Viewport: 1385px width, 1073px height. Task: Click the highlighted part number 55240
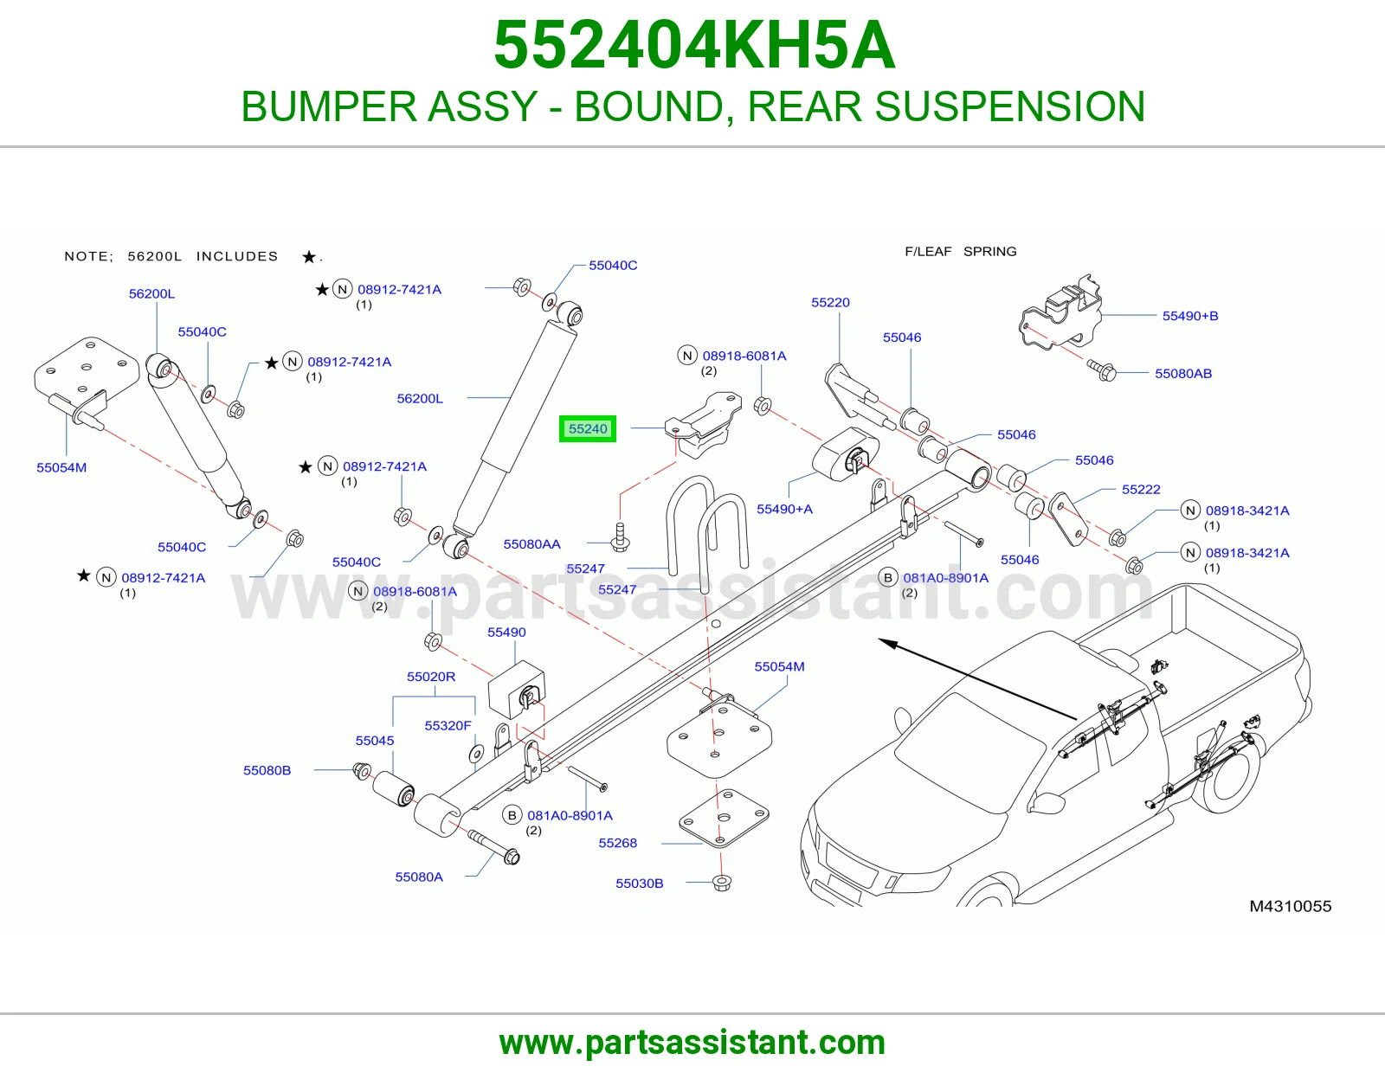pyautogui.click(x=588, y=429)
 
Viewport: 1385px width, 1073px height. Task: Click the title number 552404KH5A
pyautogui.click(x=694, y=45)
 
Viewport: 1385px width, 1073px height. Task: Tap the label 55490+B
pyautogui.click(x=1190, y=316)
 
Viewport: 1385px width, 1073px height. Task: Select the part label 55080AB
pyautogui.click(x=1183, y=374)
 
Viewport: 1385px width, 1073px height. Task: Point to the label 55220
pyautogui.click(x=830, y=303)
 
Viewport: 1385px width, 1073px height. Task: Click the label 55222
pyautogui.click(x=1141, y=490)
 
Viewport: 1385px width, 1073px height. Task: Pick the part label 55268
pyautogui.click(x=617, y=843)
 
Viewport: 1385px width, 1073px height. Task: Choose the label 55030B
pyautogui.click(x=640, y=883)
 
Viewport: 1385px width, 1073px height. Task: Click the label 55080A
pyautogui.click(x=419, y=877)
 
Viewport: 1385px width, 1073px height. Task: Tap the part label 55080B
pyautogui.click(x=267, y=770)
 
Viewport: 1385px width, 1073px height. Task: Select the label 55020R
pyautogui.click(x=431, y=677)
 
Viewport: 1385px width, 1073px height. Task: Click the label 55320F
pyautogui.click(x=448, y=726)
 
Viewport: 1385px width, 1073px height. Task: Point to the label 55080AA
pyautogui.click(x=531, y=544)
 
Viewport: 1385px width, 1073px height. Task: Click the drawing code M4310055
pyautogui.click(x=1290, y=906)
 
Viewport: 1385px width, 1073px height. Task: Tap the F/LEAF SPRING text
pyautogui.click(x=961, y=252)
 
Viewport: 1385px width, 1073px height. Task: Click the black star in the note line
pyautogui.click(x=308, y=257)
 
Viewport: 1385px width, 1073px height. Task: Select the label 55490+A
pyautogui.click(x=784, y=509)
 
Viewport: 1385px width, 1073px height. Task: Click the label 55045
pyautogui.click(x=374, y=741)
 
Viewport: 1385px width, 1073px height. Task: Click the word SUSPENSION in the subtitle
pyautogui.click(x=1009, y=106)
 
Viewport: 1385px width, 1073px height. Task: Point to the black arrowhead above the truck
pyautogui.click(x=888, y=644)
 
